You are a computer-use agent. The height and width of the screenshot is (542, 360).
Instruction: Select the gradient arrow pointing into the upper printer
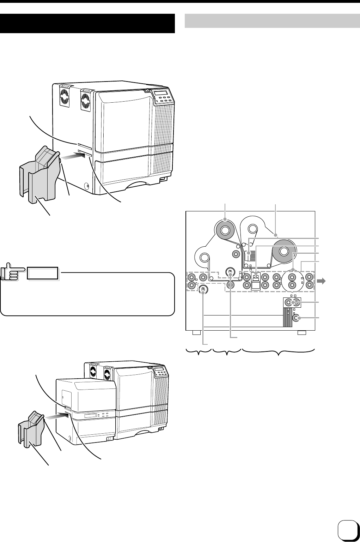coord(72,154)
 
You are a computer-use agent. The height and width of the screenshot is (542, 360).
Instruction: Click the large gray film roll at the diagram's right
coord(283,251)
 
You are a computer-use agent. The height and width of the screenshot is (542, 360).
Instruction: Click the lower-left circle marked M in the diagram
coord(203,290)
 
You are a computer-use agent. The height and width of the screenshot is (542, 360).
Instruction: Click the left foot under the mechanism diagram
coord(196,333)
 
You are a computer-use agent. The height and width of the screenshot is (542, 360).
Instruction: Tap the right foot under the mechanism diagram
coord(301,333)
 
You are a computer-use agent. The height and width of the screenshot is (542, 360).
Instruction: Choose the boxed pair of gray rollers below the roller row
coord(292,303)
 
